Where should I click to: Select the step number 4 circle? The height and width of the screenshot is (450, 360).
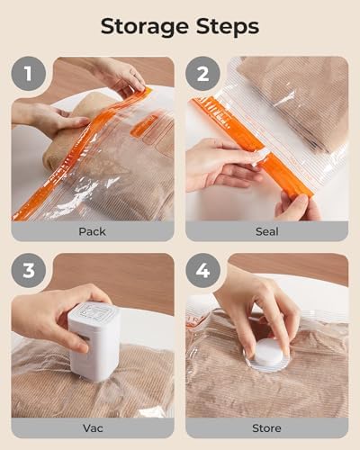click(x=203, y=271)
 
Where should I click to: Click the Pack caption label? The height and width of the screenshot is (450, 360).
click(x=92, y=231)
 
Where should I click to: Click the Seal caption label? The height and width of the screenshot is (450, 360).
click(x=266, y=231)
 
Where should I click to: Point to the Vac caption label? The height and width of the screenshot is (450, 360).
click(x=92, y=427)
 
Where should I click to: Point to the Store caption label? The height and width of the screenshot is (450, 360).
click(x=266, y=427)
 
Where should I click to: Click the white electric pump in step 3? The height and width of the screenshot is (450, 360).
click(x=94, y=340)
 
